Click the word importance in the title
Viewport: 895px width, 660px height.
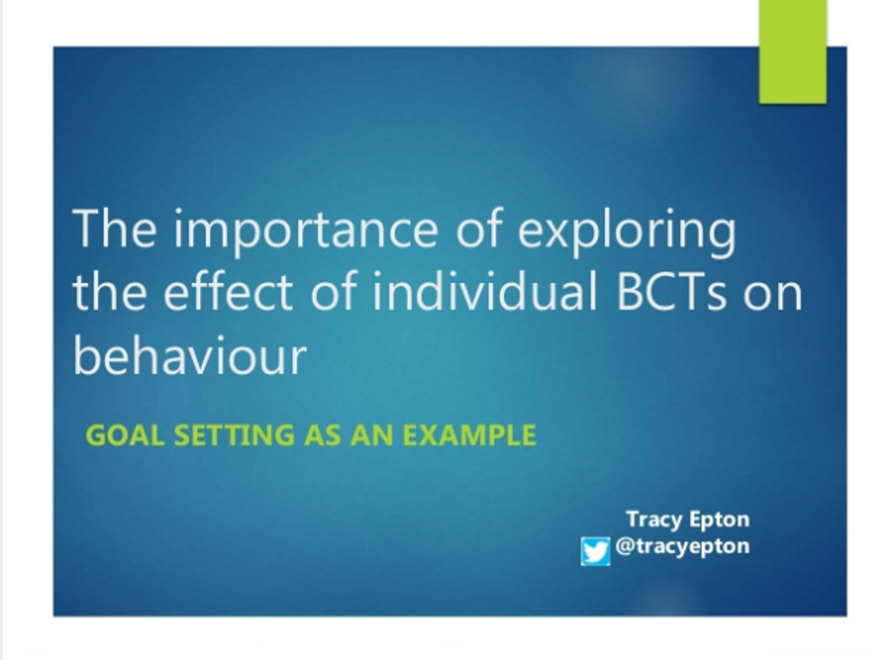click(305, 230)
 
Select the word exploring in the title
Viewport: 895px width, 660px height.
click(626, 230)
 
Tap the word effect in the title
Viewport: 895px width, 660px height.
click(228, 291)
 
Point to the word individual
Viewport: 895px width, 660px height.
click(484, 291)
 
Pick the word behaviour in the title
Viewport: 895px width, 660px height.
click(190, 355)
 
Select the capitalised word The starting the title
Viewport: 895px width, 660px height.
click(114, 228)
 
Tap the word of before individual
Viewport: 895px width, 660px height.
click(333, 291)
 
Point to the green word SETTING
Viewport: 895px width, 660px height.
click(234, 435)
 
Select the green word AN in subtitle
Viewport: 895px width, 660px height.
click(373, 435)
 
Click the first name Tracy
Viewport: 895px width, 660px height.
click(654, 520)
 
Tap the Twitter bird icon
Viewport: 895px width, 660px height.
click(595, 551)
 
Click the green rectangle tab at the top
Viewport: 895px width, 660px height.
click(792, 52)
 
